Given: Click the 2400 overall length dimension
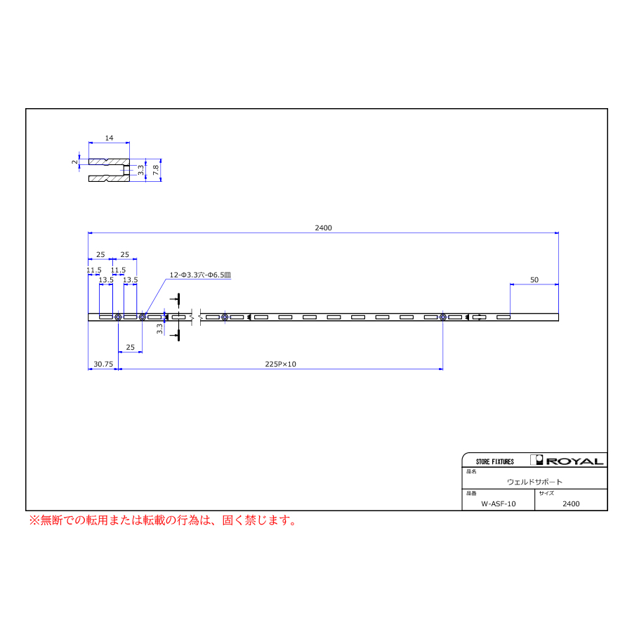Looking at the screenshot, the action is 323,228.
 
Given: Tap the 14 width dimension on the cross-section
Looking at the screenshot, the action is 110,138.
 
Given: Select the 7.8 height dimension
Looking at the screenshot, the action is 156,170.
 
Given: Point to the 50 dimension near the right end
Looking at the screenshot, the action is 534,279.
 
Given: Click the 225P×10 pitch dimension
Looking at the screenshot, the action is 280,364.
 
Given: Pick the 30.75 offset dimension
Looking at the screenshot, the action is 103,364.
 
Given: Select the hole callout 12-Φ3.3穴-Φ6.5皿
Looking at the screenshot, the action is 200,275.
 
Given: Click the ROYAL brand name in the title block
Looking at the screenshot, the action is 574,461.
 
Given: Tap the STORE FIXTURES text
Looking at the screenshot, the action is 495,461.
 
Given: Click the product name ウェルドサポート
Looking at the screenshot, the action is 534,482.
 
